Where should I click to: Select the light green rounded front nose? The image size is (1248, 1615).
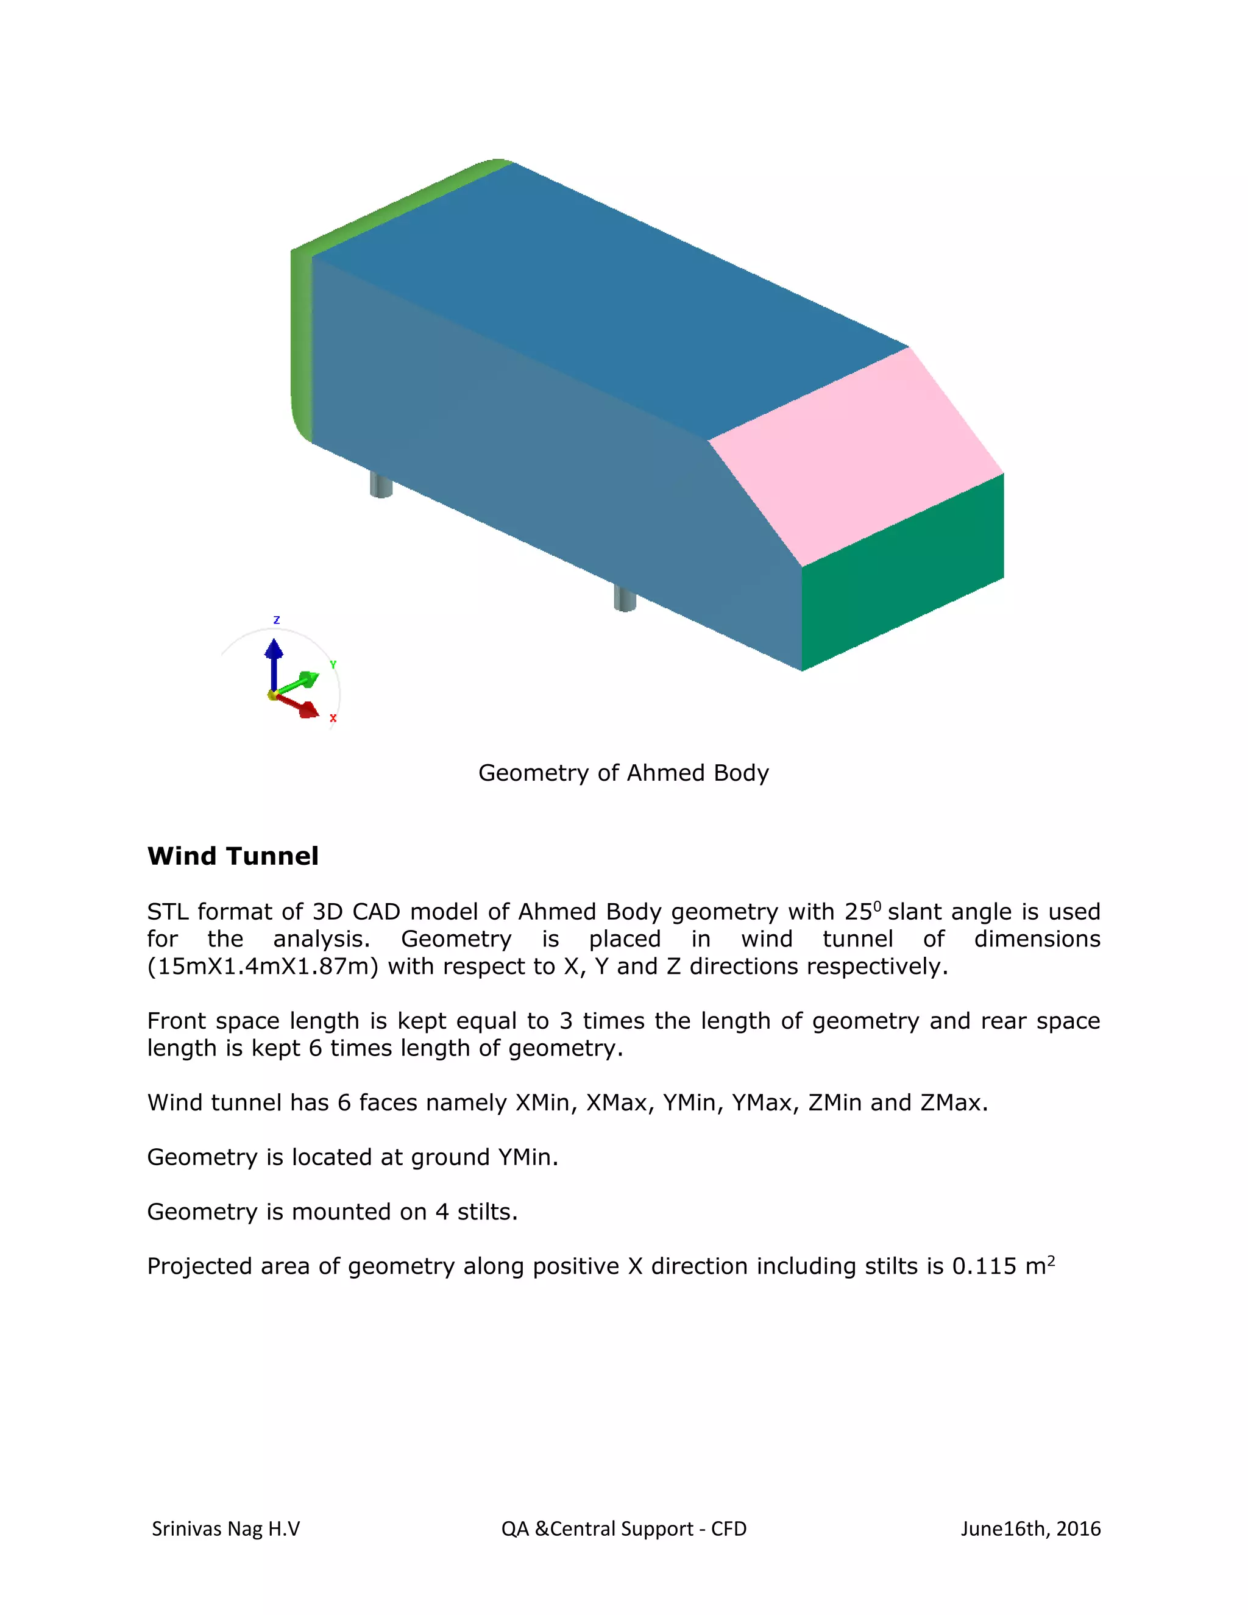301,340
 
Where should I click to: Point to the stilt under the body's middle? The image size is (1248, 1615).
625,597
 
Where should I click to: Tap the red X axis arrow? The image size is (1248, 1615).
299,706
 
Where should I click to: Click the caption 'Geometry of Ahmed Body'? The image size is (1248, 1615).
623,773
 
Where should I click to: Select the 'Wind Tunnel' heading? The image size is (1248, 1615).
233,856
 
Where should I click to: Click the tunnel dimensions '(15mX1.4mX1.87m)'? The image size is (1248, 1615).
263,967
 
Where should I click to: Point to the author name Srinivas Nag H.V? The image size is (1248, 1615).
225,1528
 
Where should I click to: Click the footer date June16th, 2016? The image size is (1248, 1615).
1030,1528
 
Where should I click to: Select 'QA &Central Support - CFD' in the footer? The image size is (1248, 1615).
623,1528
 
